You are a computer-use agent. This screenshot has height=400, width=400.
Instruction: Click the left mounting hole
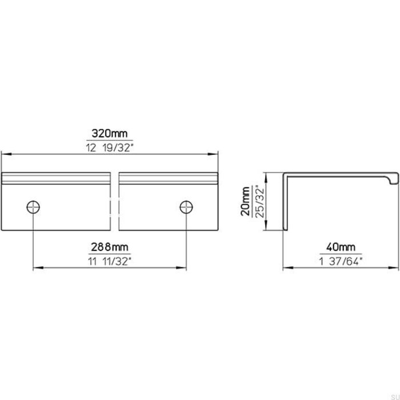[34, 207]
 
